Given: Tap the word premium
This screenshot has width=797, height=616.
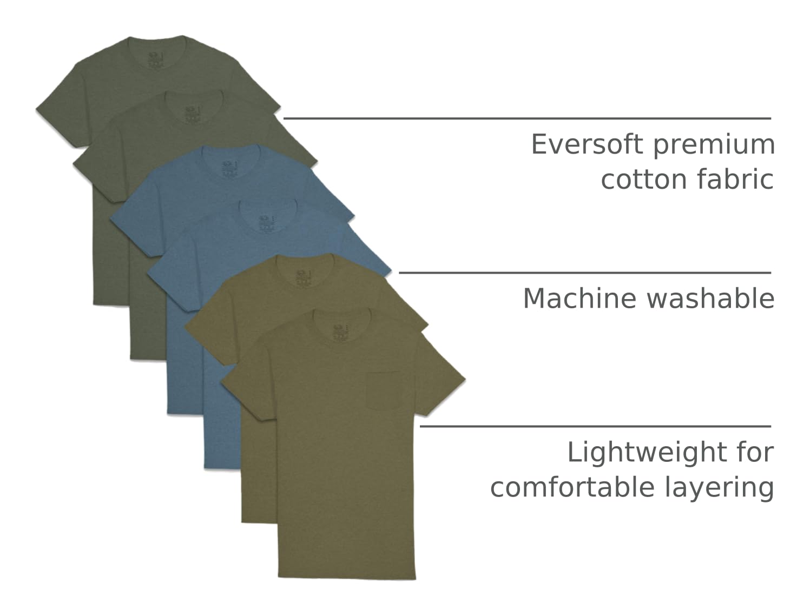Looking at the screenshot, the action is (x=714, y=145).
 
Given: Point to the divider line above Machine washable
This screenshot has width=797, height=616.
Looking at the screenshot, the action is (x=584, y=273).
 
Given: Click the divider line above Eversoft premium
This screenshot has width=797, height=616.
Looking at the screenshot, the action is (x=527, y=118).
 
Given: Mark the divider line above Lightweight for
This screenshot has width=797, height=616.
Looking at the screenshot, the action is (x=595, y=426).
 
